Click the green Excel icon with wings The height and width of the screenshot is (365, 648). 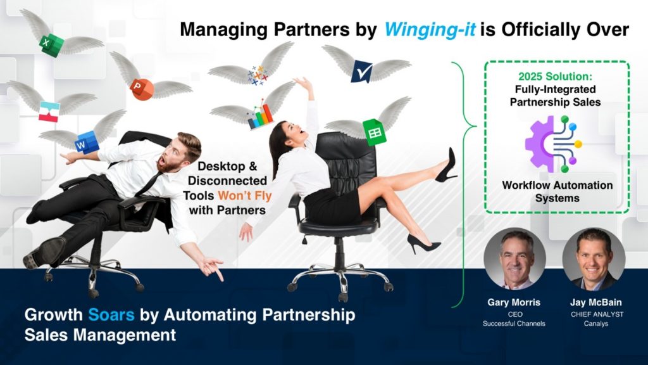click(x=52, y=45)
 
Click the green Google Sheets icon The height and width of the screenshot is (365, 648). click(x=374, y=132)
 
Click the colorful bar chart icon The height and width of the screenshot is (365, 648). click(x=260, y=117)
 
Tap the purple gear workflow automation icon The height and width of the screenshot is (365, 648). click(x=553, y=144)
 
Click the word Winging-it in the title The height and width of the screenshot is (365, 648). click(x=430, y=30)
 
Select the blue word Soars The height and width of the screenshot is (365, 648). click(x=111, y=315)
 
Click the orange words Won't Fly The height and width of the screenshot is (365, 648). click(x=245, y=195)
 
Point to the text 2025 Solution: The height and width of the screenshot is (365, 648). click(x=555, y=77)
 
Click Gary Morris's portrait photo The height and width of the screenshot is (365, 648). click(x=514, y=259)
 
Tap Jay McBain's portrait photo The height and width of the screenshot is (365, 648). click(x=594, y=259)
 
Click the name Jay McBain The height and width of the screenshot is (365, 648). click(x=595, y=302)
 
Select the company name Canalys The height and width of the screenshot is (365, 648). click(x=596, y=324)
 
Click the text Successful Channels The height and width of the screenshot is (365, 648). click(x=514, y=324)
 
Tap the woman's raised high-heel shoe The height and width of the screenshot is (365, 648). click(x=446, y=167)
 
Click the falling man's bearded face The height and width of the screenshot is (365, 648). click(x=176, y=154)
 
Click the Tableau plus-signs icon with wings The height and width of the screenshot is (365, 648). click(x=258, y=75)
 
